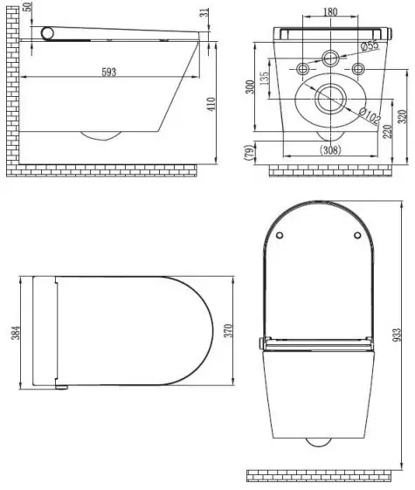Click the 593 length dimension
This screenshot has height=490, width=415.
[108, 71]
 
